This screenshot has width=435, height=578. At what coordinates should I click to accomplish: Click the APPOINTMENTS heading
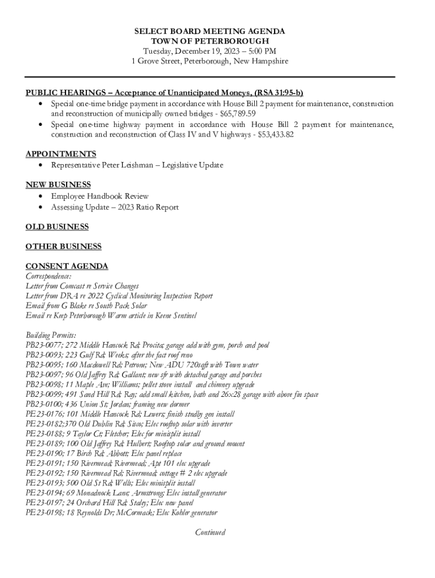click(x=60, y=154)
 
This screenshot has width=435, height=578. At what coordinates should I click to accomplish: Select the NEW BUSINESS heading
click(x=58, y=185)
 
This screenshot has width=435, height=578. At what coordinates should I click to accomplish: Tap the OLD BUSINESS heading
click(x=57, y=227)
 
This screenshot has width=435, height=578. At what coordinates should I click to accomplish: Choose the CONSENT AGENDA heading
click(x=67, y=266)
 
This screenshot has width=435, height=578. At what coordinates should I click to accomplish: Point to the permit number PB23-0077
click(x=44, y=345)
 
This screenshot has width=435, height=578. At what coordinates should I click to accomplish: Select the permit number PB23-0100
click(x=44, y=404)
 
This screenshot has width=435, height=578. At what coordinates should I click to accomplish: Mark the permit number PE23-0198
click(x=43, y=513)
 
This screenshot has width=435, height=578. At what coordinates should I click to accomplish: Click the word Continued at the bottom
click(x=210, y=532)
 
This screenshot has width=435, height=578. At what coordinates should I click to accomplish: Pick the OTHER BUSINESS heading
click(x=63, y=247)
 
